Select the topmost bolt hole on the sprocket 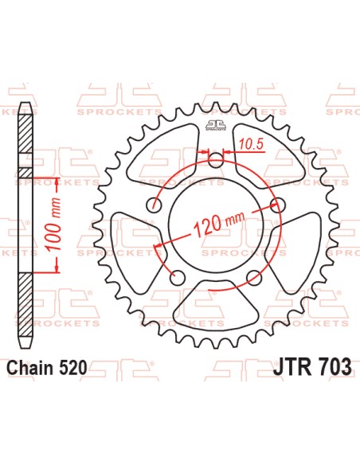[x=215, y=160]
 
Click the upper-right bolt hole [x=277, y=205]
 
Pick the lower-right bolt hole [x=253, y=277]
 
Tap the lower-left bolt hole [x=177, y=277]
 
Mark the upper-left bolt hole [x=153, y=205]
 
